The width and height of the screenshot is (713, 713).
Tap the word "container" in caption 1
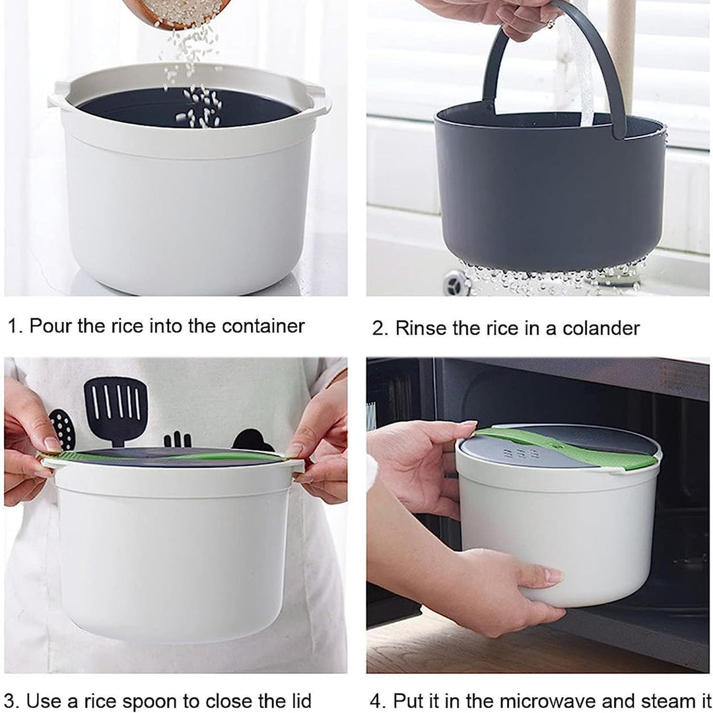click(263, 326)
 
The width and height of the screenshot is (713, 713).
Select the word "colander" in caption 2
click(601, 328)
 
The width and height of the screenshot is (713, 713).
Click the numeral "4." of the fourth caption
click(378, 700)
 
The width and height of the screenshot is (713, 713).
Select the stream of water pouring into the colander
click(580, 68)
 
